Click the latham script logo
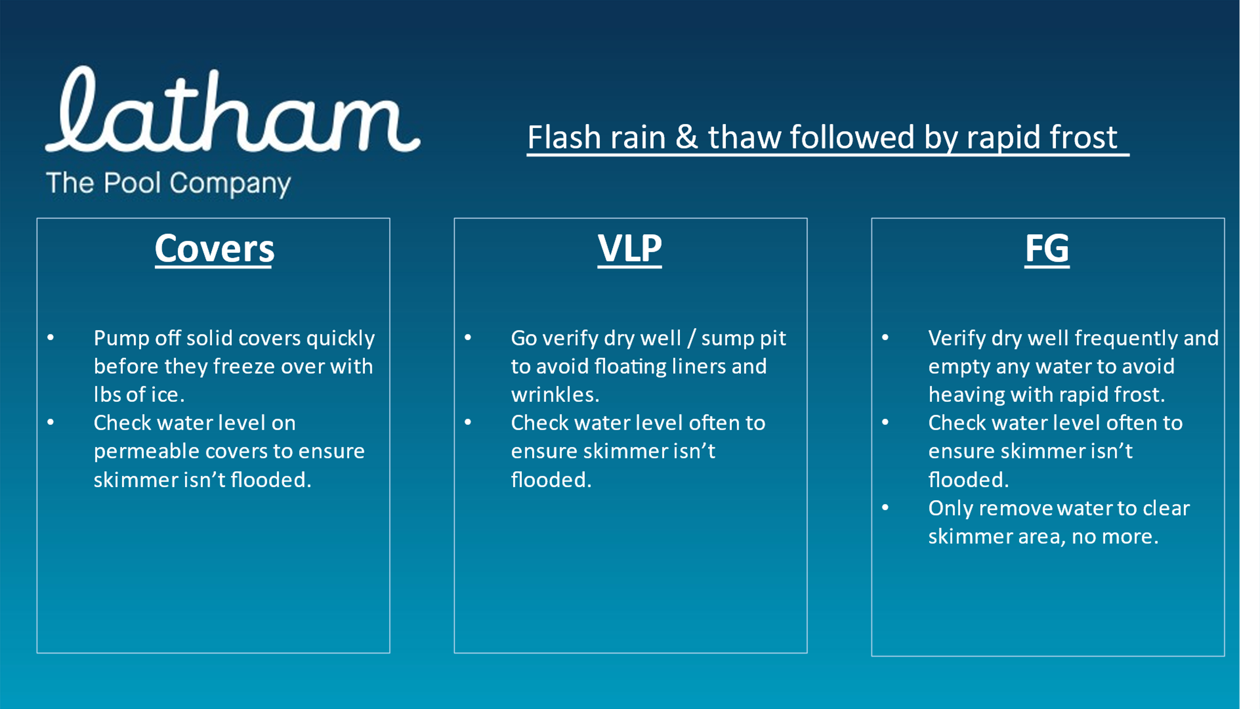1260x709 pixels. point(232,109)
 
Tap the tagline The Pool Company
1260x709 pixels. point(168,183)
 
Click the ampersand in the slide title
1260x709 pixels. point(686,137)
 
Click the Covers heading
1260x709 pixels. point(215,249)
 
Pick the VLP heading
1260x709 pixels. point(629,249)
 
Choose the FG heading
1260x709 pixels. point(1047,249)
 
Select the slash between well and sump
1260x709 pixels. point(691,338)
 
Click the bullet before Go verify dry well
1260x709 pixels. point(468,338)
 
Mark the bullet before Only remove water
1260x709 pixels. point(885,508)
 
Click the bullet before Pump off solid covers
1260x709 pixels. point(50,338)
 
